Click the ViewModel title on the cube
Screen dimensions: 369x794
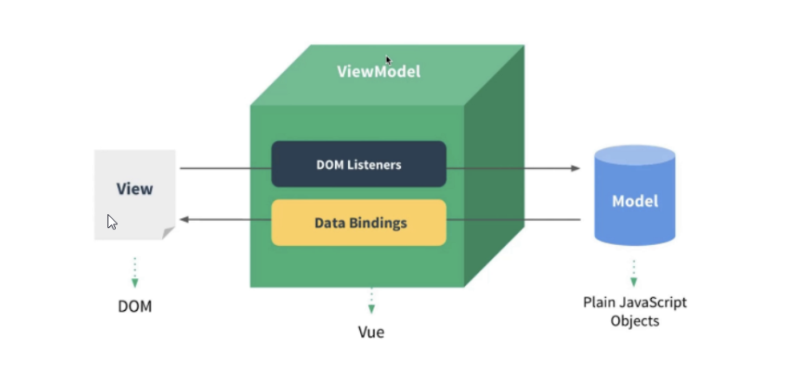click(x=378, y=71)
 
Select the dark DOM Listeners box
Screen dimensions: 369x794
click(x=358, y=164)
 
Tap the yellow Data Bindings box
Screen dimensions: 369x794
click(x=358, y=223)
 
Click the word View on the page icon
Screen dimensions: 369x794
click(x=134, y=188)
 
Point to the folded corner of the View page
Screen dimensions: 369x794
click(x=169, y=233)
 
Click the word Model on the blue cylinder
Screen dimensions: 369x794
click(x=635, y=201)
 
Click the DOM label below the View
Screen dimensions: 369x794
click(x=134, y=307)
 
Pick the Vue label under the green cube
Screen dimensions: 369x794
click(x=371, y=333)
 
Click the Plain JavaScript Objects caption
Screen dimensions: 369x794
click(x=634, y=312)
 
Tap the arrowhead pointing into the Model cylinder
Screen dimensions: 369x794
click(x=575, y=167)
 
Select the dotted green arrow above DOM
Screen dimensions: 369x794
click(x=134, y=272)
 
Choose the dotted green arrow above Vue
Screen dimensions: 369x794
click(x=371, y=301)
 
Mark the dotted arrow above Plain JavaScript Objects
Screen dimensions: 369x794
click(x=634, y=272)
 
